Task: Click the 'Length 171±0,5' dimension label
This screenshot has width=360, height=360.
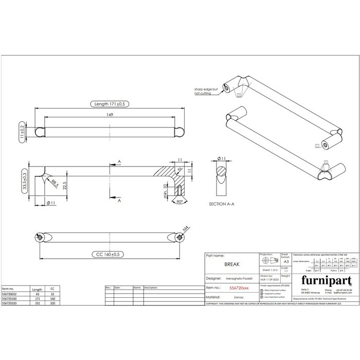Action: pyautogui.click(x=110, y=104)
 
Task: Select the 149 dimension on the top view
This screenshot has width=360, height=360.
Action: pyautogui.click(x=110, y=115)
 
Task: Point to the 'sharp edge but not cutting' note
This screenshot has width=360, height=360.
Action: pyautogui.click(x=205, y=91)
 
